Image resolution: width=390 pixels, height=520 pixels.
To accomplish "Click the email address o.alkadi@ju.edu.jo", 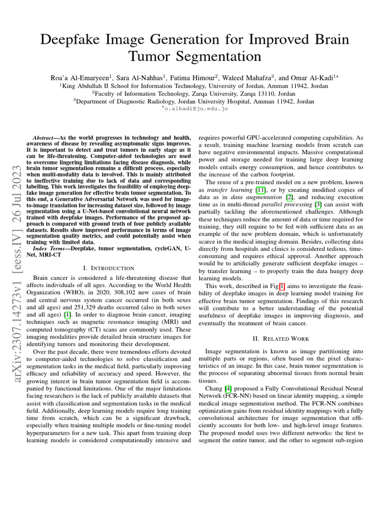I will [x=194, y=108].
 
